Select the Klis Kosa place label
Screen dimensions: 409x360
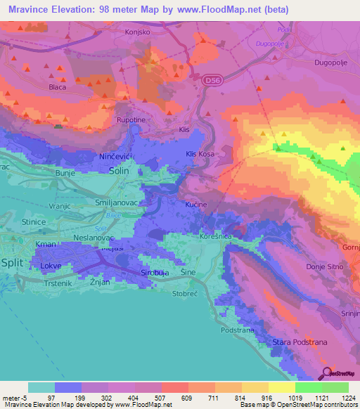click(200, 153)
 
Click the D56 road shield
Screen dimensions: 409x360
click(210, 82)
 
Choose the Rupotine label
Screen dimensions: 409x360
click(130, 119)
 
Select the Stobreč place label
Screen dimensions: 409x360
click(185, 294)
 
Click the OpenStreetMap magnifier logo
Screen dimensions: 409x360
click(326, 373)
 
